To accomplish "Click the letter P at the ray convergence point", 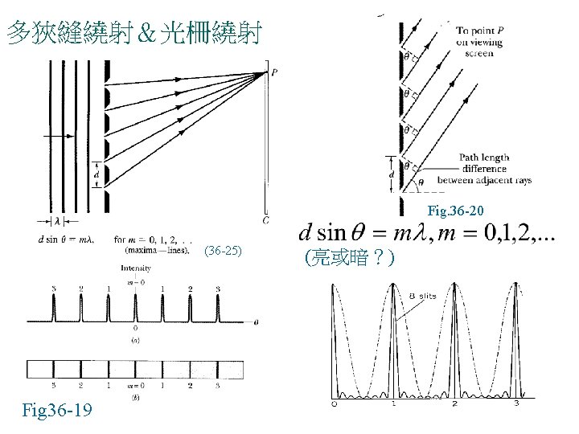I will coord(275,72).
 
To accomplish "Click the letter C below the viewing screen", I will coord(266,219).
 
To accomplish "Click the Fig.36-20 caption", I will coord(455,211).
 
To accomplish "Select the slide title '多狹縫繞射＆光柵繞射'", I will coord(133,33).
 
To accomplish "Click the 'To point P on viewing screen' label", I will coord(481,42).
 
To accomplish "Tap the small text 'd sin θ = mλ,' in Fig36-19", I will coord(66,239).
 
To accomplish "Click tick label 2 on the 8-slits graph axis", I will coord(454,403).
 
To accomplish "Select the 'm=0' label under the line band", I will coord(135,387).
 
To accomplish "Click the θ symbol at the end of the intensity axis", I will coord(256,321).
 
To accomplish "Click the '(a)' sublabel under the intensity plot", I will coord(134,340).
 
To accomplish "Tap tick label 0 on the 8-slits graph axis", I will coord(334,403).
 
